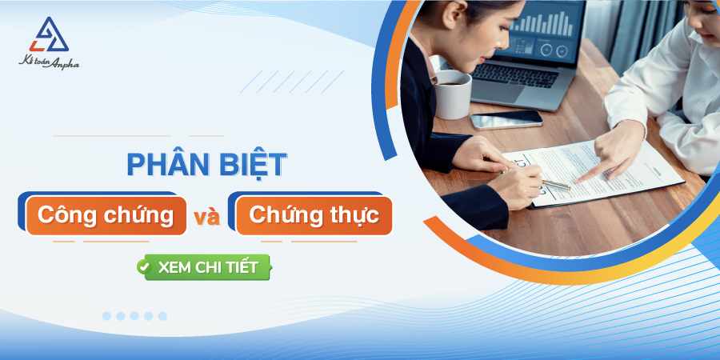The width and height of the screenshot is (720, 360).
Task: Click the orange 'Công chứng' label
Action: pyautogui.click(x=106, y=215)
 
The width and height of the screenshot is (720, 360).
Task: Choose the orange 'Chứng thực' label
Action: pyautogui.click(x=314, y=215)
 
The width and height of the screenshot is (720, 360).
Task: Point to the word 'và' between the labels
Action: pyautogui.click(x=206, y=217)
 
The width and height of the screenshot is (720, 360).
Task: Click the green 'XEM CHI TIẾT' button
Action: pyautogui.click(x=203, y=267)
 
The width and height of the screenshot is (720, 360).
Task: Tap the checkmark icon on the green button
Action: pyautogui.click(x=145, y=267)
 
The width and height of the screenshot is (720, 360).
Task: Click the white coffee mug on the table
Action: pyautogui.click(x=453, y=94)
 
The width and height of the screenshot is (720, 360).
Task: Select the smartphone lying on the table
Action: pyautogui.click(x=506, y=119)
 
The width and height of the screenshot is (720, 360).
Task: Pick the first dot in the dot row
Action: pyautogui.click(x=106, y=316)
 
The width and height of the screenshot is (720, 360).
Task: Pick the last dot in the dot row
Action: pyautogui.click(x=162, y=316)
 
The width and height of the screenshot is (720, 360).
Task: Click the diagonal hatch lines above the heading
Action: pyautogui.click(x=291, y=81)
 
